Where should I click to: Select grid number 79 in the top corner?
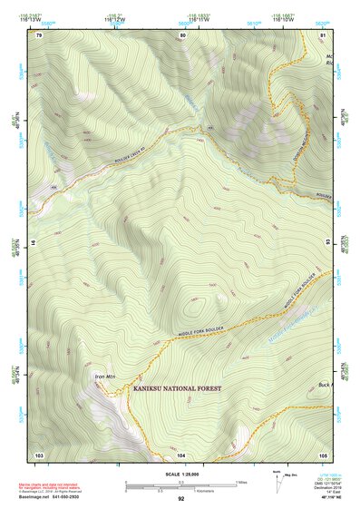[39, 34]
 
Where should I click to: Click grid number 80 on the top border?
[182, 34]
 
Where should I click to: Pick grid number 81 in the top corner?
[323, 34]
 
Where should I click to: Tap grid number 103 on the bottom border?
[39, 454]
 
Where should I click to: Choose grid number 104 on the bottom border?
[181, 454]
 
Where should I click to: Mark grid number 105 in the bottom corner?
[323, 454]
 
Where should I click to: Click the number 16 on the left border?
[34, 244]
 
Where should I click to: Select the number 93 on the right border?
[329, 244]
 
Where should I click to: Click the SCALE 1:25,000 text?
[180, 473]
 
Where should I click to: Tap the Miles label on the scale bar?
[240, 481]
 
